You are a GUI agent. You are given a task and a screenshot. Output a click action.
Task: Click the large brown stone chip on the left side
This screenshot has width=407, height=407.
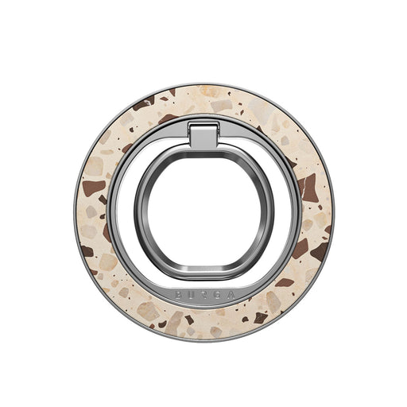pos(93,188)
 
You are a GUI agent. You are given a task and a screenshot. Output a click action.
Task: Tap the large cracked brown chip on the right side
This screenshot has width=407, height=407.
pos(308,188)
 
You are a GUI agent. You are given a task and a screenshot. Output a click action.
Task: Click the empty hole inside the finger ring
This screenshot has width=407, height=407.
pos(203,211)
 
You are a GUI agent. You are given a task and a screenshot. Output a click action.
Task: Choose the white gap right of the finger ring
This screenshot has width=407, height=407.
pos(285,211)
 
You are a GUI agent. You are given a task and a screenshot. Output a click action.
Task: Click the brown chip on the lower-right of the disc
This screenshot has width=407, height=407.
pos(285,281)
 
